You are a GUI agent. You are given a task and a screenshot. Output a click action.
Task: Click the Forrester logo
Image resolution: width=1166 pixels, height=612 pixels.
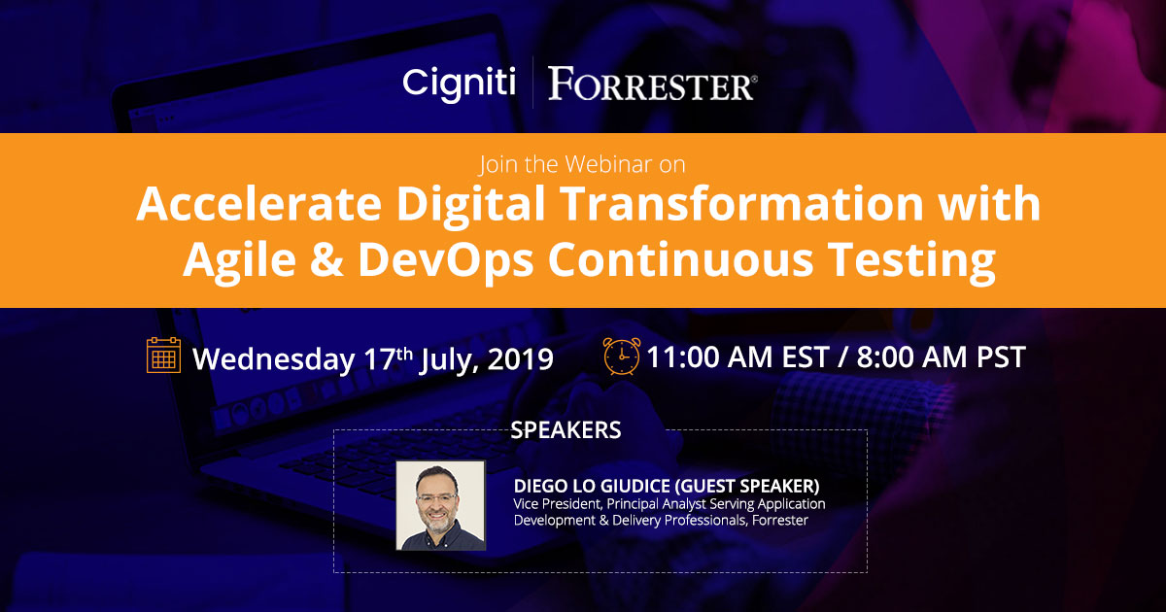pyautogui.click(x=652, y=85)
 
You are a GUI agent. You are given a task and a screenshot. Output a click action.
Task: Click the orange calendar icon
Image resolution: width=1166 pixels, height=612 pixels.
pyautogui.click(x=163, y=356)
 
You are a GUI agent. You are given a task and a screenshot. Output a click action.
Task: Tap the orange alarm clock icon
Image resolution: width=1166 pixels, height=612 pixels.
pyautogui.click(x=621, y=356)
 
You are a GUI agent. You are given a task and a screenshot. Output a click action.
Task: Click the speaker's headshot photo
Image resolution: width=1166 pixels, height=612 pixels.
pyautogui.click(x=440, y=505)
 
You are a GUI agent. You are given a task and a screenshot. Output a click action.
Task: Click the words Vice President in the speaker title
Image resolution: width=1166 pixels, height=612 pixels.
pyautogui.click(x=555, y=504)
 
